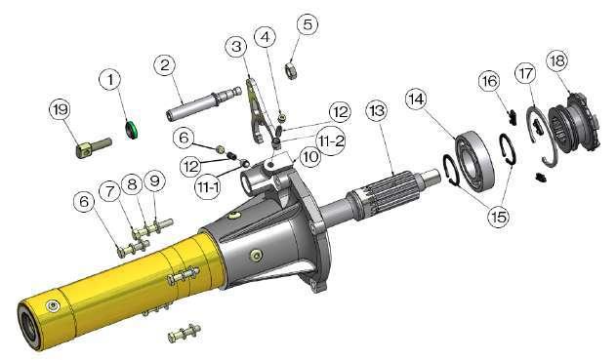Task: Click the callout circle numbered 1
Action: pos(110,80)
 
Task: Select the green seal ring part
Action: pos(131,129)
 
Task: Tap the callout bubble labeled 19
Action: pos(61,110)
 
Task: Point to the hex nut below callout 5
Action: pos(290,69)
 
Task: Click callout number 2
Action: pos(165,65)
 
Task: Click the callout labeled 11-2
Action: pos(332,140)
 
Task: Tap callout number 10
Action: pos(310,157)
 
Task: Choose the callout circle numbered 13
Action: pos(377,111)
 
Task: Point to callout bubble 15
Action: pos(499,216)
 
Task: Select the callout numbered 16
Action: pos(489,82)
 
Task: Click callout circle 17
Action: pos(526,73)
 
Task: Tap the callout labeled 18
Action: pos(557,61)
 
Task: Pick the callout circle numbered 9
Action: pos(155,181)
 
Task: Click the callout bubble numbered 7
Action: pos(109,192)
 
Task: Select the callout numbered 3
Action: pos(236,47)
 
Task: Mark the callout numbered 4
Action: pos(266,38)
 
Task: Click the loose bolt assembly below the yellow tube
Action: pos(184,332)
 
